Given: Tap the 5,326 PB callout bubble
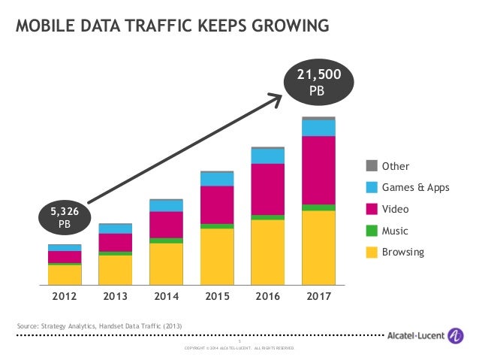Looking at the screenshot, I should [65, 218].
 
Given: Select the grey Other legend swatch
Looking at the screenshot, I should [372, 166].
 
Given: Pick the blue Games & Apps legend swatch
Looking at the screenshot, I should [372, 187].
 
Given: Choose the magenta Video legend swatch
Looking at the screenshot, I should [372, 209].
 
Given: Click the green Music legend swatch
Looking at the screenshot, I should [372, 230].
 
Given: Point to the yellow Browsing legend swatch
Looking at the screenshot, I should [372, 252].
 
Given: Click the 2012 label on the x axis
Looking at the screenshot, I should [64, 296].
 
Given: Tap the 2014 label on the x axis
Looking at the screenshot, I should [166, 296].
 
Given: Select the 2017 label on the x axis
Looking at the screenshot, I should [318, 296].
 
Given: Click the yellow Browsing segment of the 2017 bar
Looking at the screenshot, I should [318, 248].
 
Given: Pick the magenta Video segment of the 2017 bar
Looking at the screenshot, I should [318, 170].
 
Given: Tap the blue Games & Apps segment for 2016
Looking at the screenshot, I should [267, 156].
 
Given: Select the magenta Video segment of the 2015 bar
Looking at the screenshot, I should [217, 204].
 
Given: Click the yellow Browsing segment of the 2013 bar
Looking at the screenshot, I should [115, 270].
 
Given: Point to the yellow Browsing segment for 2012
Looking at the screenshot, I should [64, 275].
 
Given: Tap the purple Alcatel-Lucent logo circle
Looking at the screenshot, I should [455, 336].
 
